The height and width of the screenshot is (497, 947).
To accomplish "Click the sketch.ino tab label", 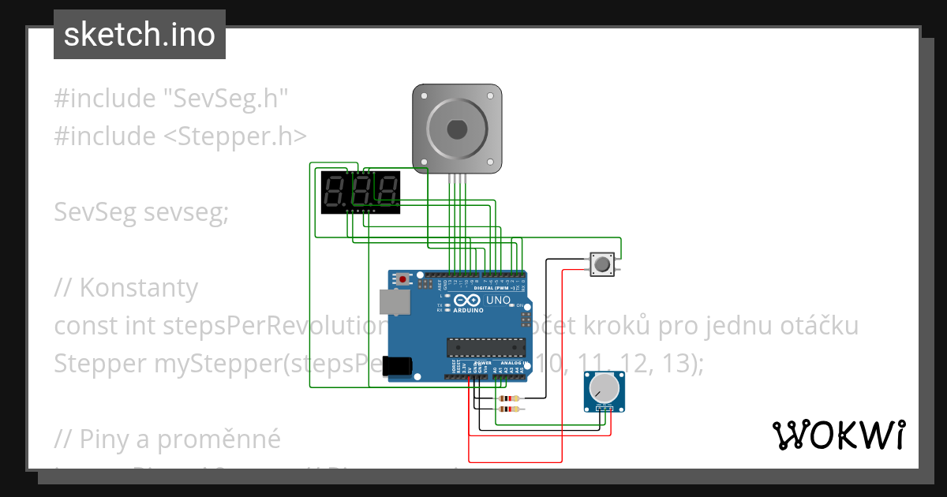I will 140,35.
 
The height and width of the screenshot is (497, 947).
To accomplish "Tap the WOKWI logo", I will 838,435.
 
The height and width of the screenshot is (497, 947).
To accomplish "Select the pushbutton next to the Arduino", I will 603,264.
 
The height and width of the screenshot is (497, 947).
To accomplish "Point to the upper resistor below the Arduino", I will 509,399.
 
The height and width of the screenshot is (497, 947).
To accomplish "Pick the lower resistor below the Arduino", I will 509,409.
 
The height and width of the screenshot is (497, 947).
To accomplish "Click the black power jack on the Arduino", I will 399,366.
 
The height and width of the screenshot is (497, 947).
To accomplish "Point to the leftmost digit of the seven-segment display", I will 335,191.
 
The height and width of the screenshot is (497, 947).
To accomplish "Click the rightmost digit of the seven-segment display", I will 387,191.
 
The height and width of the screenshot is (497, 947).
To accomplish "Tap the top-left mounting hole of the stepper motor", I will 424,95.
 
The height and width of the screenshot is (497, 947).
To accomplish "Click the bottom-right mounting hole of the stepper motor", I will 491,162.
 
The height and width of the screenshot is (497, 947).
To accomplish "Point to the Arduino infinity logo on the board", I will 466,301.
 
